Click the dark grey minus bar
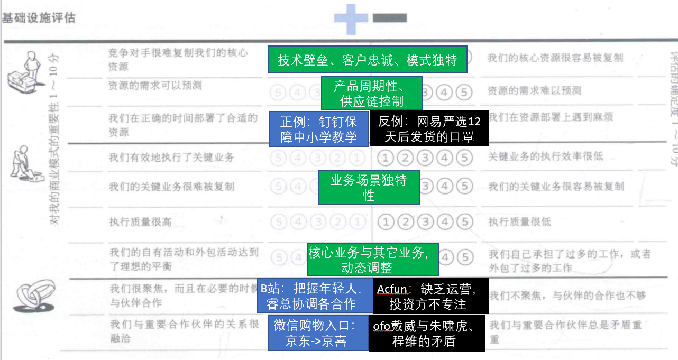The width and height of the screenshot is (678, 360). (x=390, y=18)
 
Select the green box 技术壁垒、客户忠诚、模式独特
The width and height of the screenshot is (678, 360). (x=368, y=60)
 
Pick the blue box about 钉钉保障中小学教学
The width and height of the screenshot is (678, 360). (x=318, y=129)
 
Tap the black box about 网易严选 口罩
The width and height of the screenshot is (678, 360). (x=429, y=129)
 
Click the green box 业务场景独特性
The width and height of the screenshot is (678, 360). (x=369, y=187)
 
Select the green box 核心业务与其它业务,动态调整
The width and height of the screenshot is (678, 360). (x=373, y=260)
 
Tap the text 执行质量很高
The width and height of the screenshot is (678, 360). (x=140, y=222)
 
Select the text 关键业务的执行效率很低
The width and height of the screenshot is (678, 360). (x=545, y=156)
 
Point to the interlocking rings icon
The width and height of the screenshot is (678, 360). (x=32, y=295)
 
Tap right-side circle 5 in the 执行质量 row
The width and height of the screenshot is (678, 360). (x=463, y=222)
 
